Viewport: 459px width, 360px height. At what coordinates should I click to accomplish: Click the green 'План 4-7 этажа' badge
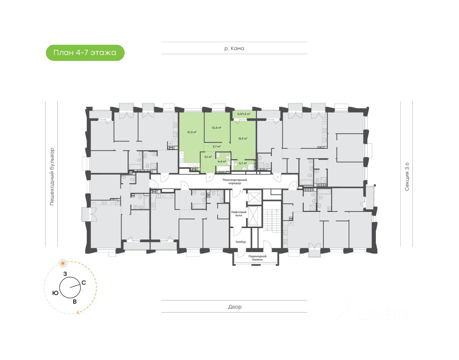85,53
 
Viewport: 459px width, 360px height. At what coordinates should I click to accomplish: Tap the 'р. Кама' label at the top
234,48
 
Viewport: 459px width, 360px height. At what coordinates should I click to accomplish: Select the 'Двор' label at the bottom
235,307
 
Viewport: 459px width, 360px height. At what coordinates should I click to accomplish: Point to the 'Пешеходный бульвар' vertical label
52,176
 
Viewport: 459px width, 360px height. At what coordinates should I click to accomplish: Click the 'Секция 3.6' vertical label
407,176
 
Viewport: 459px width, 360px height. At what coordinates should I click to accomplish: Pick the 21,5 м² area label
192,132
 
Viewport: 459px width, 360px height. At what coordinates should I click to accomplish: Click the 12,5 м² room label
216,128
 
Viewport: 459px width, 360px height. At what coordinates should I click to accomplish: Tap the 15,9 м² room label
243,138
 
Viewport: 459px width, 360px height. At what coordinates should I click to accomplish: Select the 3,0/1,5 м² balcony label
243,114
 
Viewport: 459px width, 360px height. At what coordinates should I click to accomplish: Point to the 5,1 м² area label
208,157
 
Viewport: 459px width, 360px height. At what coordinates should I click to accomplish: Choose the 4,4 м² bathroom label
222,161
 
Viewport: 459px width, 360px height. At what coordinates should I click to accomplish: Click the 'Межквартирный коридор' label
235,181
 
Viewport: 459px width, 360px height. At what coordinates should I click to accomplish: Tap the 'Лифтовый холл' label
238,214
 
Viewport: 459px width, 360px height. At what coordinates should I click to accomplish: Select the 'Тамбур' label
240,242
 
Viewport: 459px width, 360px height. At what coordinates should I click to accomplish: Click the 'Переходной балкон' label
257,258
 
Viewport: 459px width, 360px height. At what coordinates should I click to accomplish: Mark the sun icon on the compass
63,264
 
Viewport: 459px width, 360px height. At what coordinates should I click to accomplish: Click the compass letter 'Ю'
56,293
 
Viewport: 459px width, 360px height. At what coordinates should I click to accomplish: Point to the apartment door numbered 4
209,177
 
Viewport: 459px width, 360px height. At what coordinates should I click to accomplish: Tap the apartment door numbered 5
278,177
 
